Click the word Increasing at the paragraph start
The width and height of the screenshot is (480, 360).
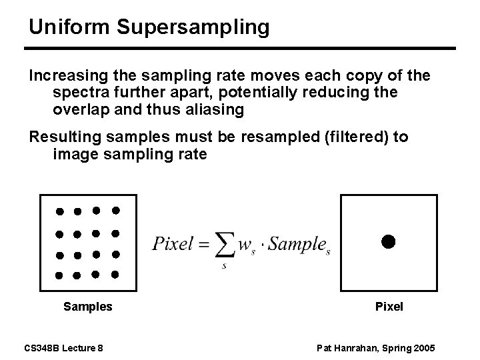[61, 75]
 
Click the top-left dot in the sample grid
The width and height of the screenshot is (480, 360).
[59, 211]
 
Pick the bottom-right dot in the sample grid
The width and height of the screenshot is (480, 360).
[115, 274]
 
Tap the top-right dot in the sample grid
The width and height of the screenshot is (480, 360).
[115, 211]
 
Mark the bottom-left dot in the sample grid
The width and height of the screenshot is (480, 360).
[59, 275]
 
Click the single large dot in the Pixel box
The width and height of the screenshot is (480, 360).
[388, 241]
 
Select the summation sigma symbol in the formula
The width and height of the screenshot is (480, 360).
[227, 245]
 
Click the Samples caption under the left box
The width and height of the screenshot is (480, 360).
[87, 307]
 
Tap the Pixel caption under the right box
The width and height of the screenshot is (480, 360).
[389, 307]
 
